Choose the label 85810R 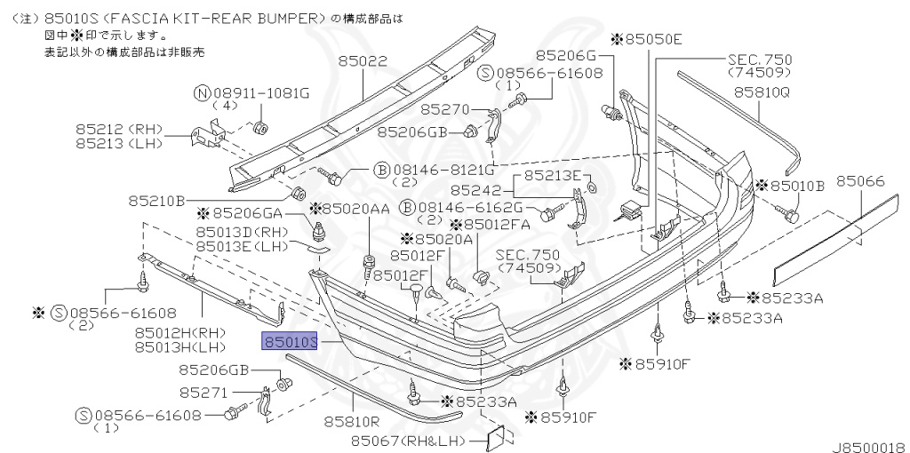351,422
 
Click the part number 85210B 156,201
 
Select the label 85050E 652,39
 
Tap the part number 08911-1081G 263,92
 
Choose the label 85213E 551,175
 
